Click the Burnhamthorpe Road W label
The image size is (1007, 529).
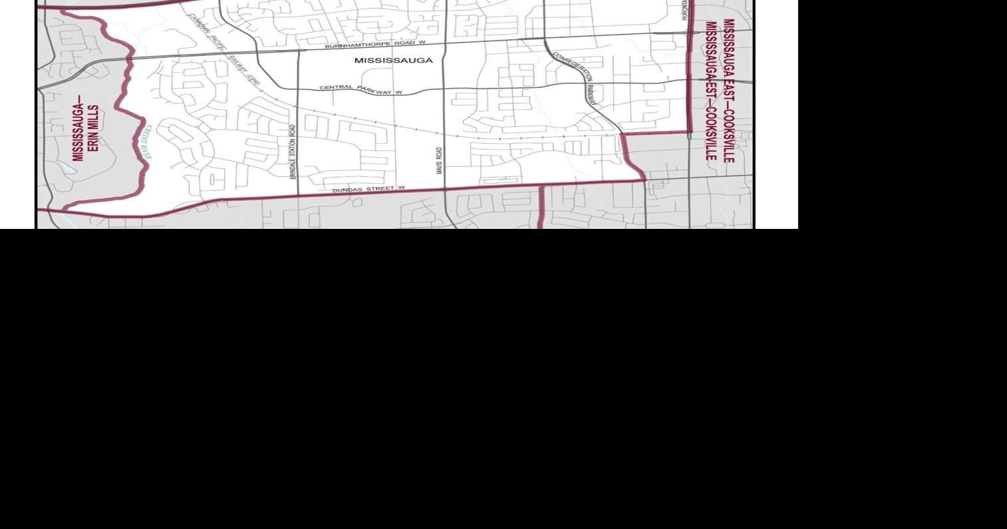(x=374, y=45)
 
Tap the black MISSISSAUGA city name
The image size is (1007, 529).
(x=393, y=61)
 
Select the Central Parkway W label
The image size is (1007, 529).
(x=360, y=89)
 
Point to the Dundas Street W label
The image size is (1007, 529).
(x=368, y=189)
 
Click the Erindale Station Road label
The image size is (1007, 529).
(x=292, y=150)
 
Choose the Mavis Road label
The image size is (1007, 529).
(x=439, y=161)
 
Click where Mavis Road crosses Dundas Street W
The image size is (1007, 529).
(x=444, y=189)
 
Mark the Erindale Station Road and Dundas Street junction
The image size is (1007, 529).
(x=297, y=194)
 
